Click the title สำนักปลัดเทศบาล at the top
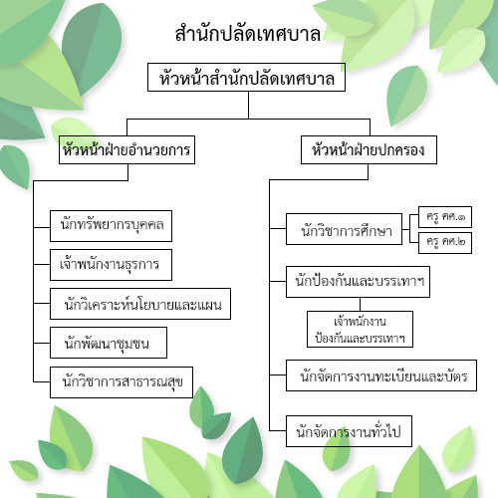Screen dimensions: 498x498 pos(248,34)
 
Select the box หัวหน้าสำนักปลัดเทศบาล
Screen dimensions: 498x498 pos(246,77)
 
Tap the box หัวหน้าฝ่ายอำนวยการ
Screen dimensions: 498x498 pos(126,149)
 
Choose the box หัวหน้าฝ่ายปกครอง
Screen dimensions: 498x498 pos(369,149)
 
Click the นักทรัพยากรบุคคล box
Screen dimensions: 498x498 pos(111,226)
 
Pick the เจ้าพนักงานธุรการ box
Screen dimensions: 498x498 pos(111,265)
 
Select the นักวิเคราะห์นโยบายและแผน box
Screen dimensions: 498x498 pos(140,304)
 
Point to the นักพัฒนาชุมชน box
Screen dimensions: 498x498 pos(109,343)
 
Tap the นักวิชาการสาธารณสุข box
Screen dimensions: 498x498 pos(122,382)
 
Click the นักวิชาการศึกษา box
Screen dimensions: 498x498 pos(345,229)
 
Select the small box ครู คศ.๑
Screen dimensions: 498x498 pos(445,217)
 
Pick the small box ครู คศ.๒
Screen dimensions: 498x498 pos(445,243)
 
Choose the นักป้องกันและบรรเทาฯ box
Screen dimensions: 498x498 pos(359,282)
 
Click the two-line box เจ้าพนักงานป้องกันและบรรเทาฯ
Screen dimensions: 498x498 pos(361,330)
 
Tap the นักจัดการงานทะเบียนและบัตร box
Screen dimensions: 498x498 pos(381,375)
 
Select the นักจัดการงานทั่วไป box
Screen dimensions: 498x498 pos(349,431)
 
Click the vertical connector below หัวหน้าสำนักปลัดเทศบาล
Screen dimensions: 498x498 pos(248,105)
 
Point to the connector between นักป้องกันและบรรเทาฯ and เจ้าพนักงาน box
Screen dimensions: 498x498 pos(361,304)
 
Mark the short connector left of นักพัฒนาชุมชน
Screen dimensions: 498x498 pos(42,343)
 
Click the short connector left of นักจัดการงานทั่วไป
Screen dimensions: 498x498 pos(278,431)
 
